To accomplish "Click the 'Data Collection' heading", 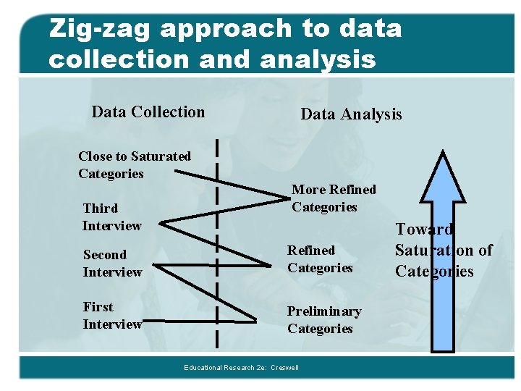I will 148,112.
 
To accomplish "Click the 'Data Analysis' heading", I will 351,114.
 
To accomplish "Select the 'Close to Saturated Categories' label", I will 134,165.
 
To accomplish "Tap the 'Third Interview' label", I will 111,217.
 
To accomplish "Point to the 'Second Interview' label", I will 112,264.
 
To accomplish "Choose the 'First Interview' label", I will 112,316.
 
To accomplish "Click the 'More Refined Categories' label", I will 334,198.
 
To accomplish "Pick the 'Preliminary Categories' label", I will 323,320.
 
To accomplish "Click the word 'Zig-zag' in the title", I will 99,29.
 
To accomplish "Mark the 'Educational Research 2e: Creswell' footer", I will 241,368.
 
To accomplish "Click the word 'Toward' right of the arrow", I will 424,230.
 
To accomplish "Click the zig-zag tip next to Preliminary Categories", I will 256,320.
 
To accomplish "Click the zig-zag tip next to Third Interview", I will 160,224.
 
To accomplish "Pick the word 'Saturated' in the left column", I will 161,156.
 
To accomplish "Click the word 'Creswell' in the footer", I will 284,368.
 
